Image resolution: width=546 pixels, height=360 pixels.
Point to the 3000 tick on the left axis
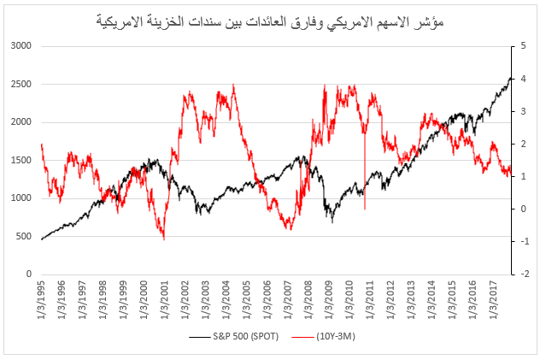[x=21, y=46]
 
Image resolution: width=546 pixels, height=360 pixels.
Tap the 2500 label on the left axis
[x=21, y=84]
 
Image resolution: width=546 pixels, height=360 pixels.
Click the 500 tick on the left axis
[x=24, y=236]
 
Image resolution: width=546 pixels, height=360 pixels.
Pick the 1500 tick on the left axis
[x=21, y=160]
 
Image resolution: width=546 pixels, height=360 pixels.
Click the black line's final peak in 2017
[x=510, y=78]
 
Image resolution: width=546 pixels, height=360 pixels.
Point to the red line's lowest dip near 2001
[x=163, y=239]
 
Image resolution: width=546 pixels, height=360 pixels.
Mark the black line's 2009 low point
[x=332, y=221]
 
